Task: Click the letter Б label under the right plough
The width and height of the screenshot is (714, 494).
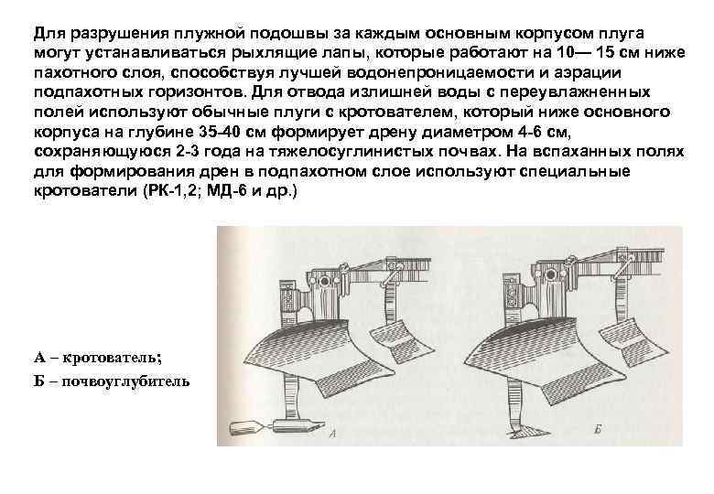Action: click(x=597, y=428)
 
